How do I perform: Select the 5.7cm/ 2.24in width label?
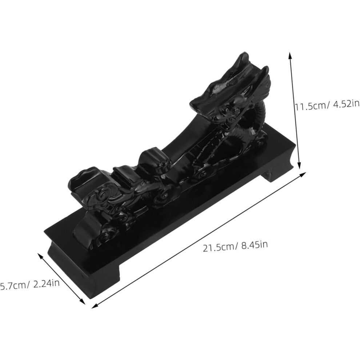point(30,285)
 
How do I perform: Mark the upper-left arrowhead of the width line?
point(40,256)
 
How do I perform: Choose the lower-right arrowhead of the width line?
point(83,301)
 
